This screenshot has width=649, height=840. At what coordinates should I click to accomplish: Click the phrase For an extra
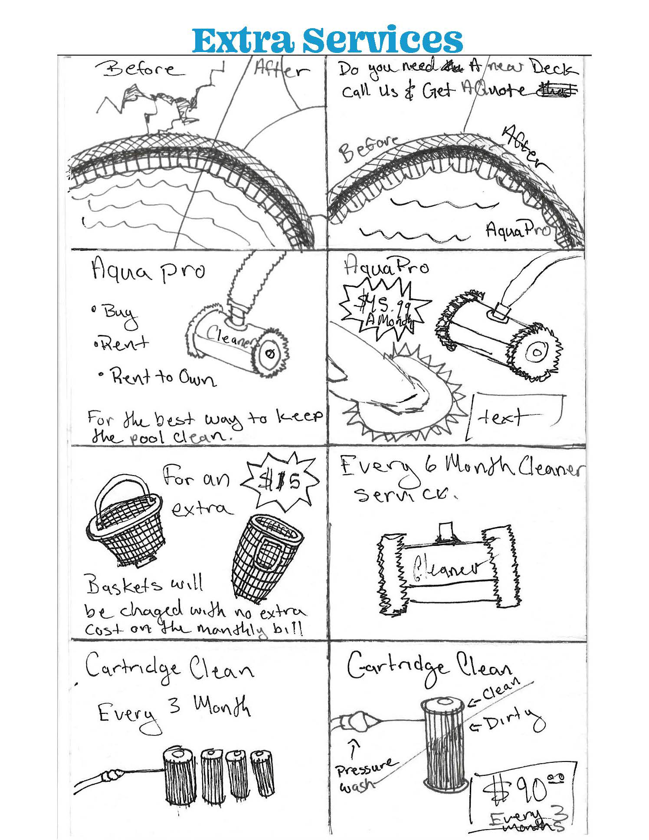click(197, 492)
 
